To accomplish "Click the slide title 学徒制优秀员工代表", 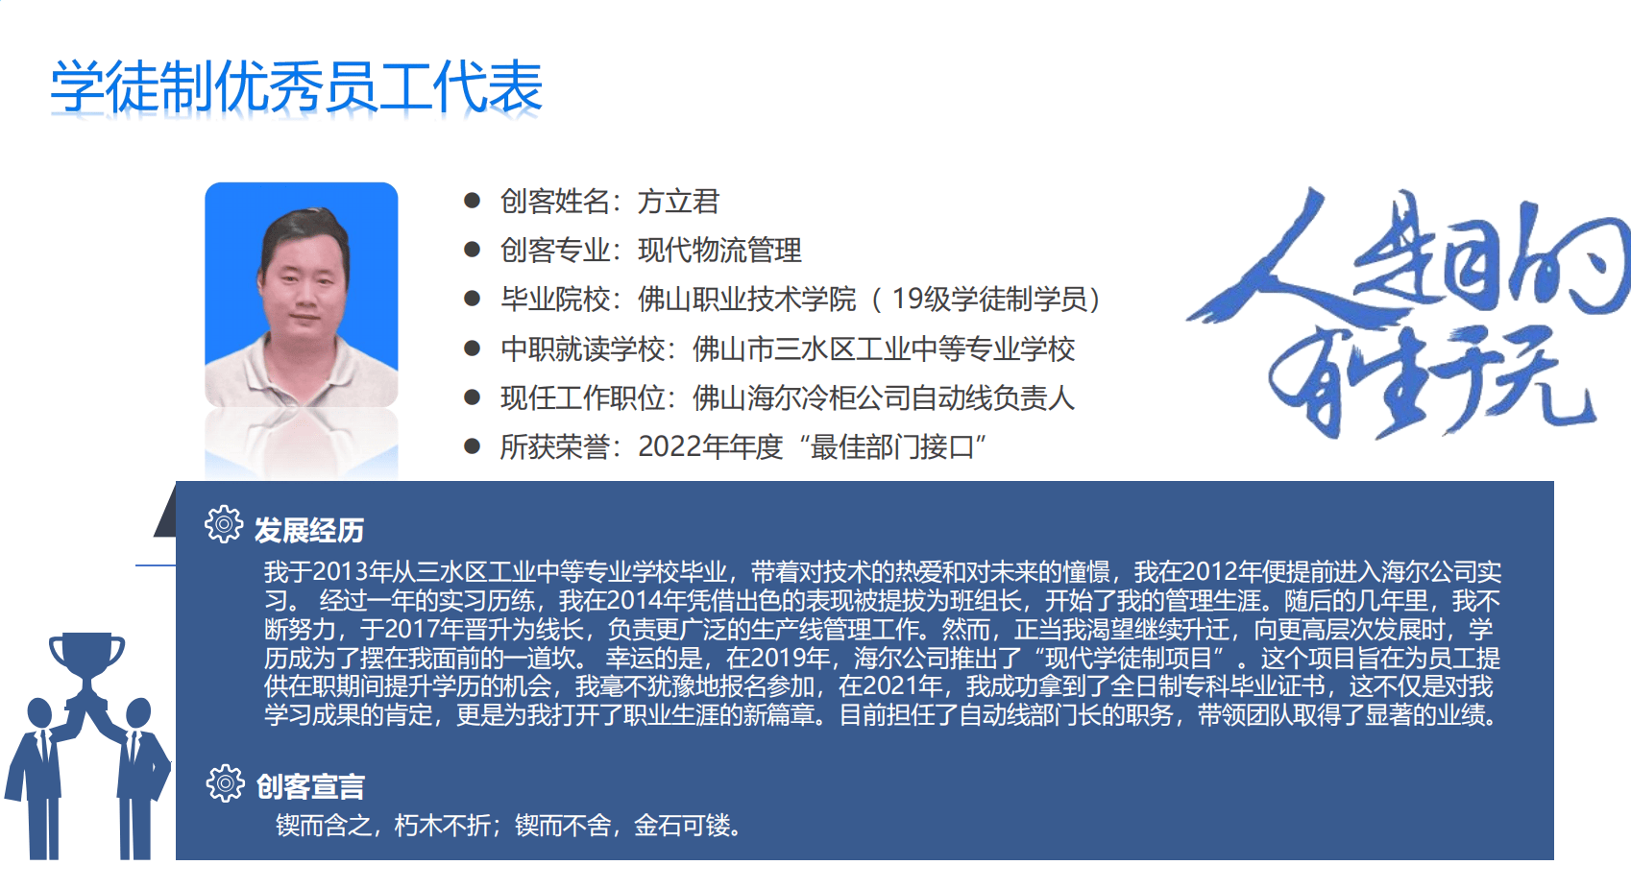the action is pyautogui.click(x=297, y=87).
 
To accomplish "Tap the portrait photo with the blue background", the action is pyautogui.click(x=302, y=295).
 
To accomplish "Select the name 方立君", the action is pyautogui.click(x=678, y=202).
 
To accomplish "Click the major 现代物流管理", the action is pyautogui.click(x=719, y=251).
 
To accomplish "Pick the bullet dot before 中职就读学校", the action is pyautogui.click(x=472, y=348).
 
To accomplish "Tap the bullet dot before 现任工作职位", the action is pyautogui.click(x=472, y=397).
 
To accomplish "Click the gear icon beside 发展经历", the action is pyautogui.click(x=224, y=524).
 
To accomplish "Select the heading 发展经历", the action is pyautogui.click(x=308, y=530).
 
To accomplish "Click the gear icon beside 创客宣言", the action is pyautogui.click(x=225, y=783).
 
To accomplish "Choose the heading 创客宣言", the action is pyautogui.click(x=310, y=786).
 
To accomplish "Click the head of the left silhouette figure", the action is pyautogui.click(x=39, y=713).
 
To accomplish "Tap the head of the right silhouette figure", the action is pyautogui.click(x=138, y=713).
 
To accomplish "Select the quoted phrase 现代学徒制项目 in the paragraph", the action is pyautogui.click(x=1128, y=658).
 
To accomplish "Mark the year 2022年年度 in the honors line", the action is pyautogui.click(x=710, y=446).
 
